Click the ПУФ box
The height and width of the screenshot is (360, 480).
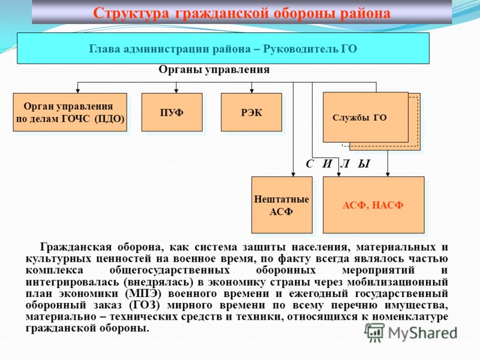(172, 112)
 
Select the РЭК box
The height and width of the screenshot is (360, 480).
(251, 112)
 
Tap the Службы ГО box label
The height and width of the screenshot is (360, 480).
(359, 118)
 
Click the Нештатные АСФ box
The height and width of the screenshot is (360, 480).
(282, 205)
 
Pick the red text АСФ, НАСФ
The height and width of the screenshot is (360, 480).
(373, 205)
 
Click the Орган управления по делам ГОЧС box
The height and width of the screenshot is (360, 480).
(70, 112)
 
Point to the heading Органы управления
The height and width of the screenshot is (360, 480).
(214, 70)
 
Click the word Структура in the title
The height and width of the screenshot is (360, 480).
(131, 13)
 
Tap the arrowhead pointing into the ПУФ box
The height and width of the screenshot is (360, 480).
(176, 91)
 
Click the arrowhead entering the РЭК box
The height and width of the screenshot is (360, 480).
(251, 91)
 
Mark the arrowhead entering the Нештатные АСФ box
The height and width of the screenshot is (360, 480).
(293, 175)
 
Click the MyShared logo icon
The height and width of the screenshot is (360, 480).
(374, 332)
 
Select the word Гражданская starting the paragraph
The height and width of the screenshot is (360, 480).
(76, 247)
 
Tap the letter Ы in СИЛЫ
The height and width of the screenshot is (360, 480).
(364, 164)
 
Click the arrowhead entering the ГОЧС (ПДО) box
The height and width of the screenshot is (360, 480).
(78, 91)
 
